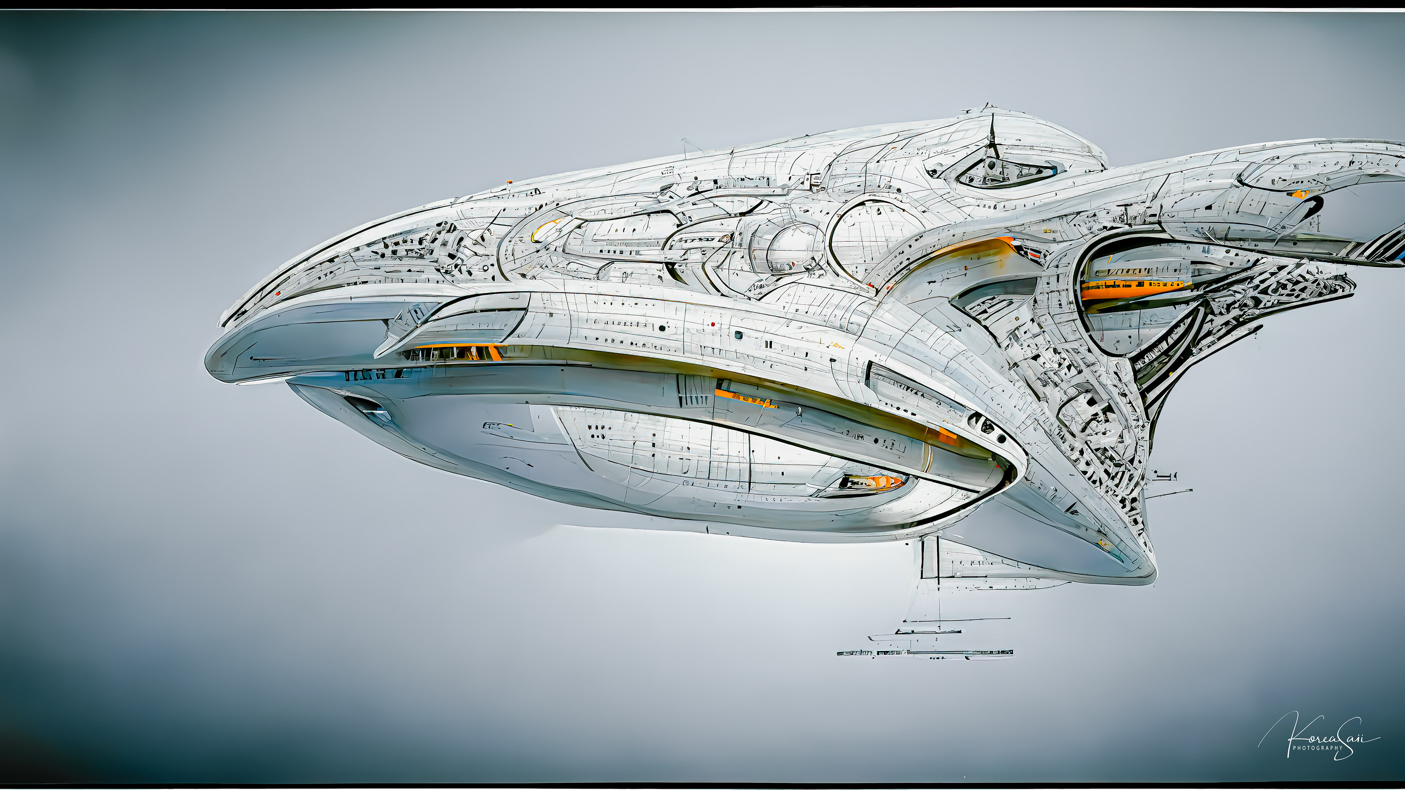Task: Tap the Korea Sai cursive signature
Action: [x=1325, y=736]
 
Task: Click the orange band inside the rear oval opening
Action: [x=1135, y=289]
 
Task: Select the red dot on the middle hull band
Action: [x=712, y=324]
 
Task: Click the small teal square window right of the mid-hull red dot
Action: [x=738, y=335]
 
